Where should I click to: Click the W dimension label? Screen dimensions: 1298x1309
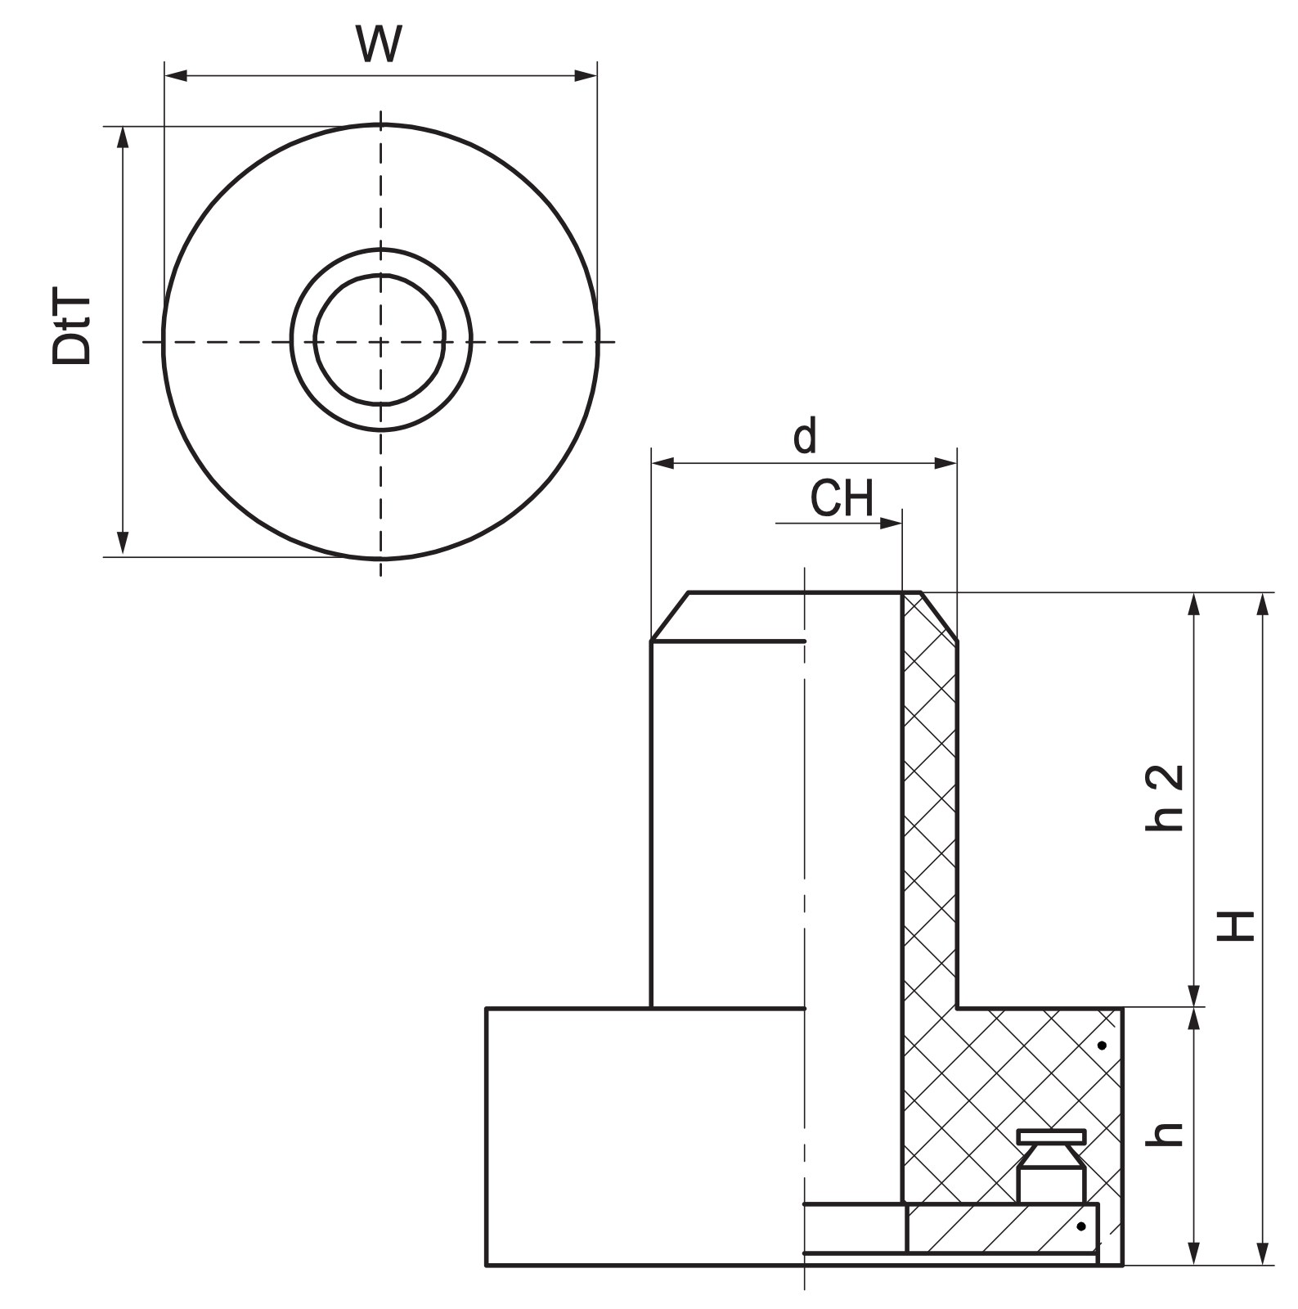380,44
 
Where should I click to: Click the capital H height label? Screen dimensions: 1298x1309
1236,925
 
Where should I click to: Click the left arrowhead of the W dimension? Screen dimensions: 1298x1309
176,76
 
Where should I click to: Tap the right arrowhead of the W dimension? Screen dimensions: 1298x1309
586,76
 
